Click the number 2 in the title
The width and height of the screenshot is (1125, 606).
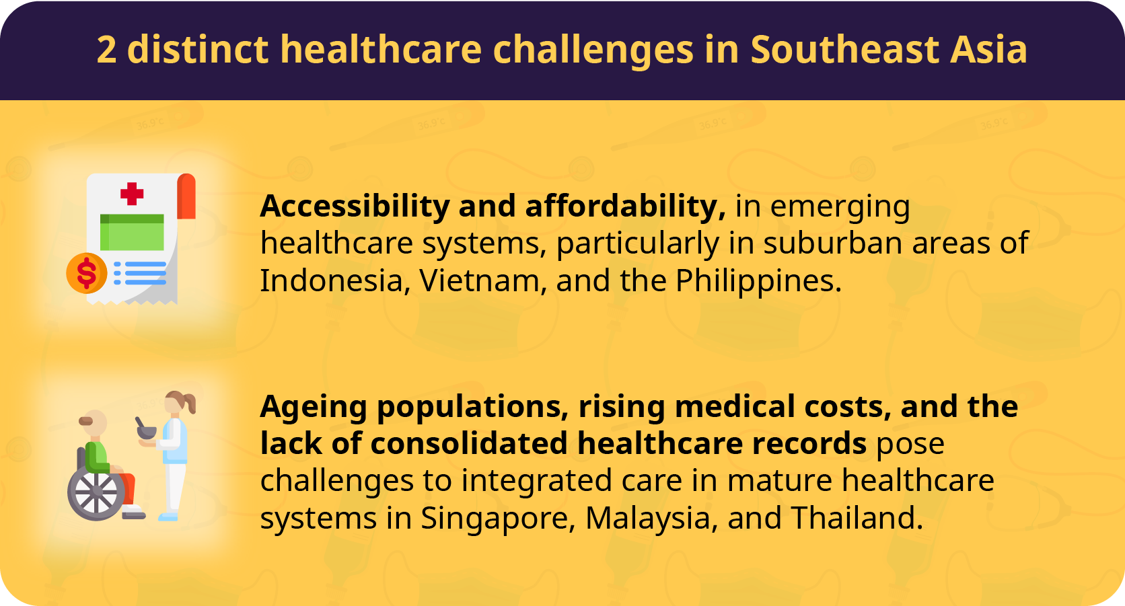coord(106,50)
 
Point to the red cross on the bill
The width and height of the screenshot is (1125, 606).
coord(132,194)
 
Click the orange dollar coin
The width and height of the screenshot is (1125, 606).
coord(86,273)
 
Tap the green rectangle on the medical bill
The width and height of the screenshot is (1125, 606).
coord(132,232)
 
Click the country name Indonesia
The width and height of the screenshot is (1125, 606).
coord(332,280)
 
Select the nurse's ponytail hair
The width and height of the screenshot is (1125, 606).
coord(189,402)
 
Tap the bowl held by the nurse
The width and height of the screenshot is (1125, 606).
coord(147,431)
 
